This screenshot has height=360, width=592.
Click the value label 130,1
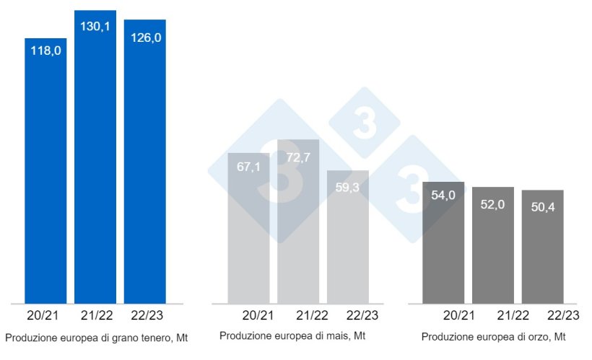[x=95, y=26]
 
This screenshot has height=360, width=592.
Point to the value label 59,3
[x=348, y=187]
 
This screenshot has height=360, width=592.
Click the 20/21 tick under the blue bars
[x=45, y=315]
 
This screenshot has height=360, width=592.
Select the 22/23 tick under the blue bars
[x=144, y=315]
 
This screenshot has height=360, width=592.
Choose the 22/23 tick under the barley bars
[x=563, y=315]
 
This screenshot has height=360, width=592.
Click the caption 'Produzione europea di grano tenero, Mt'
[x=96, y=338]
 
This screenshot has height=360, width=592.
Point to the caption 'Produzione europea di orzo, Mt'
[x=494, y=337]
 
